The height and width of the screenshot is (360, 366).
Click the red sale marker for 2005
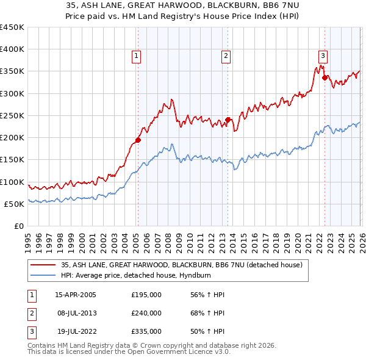(x=138, y=140)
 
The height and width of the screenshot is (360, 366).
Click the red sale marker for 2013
(x=227, y=120)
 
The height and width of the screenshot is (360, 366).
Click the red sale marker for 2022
(x=325, y=77)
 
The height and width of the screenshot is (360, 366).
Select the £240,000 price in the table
(x=146, y=313)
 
